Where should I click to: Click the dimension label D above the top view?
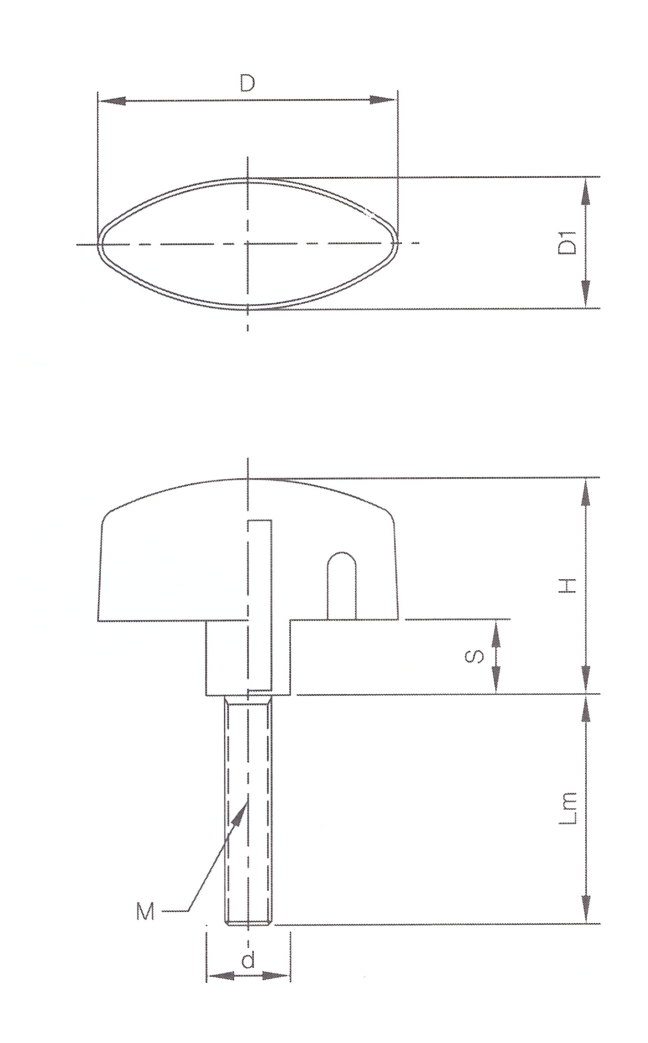coord(247,83)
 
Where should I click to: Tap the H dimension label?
coord(568,585)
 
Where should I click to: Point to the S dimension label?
coord(475,656)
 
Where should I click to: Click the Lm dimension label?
coord(568,808)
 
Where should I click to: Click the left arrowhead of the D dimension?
coord(112,101)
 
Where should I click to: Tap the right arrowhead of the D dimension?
coord(383,100)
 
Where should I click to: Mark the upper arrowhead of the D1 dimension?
coord(585,191)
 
